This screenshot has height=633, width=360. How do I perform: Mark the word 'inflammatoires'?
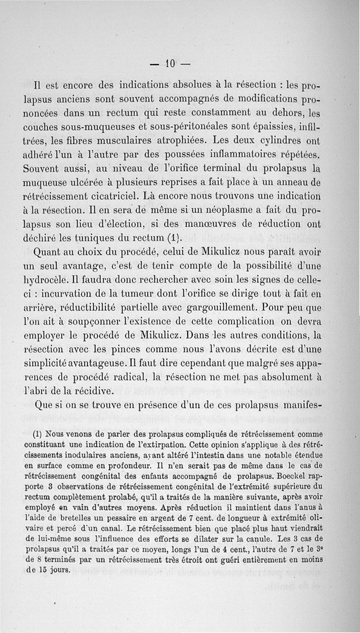(x=242, y=155)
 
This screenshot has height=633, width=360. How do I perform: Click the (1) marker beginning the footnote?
(x=38, y=435)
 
